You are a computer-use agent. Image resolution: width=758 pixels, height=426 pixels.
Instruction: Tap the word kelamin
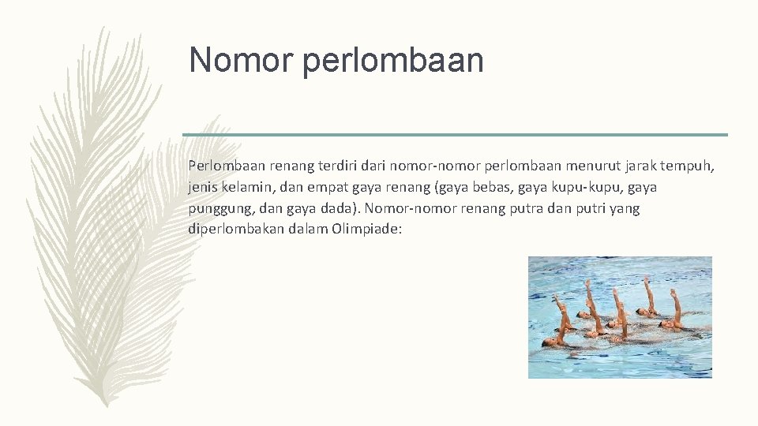coord(249,188)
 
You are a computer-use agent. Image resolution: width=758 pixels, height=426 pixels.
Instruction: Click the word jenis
coord(204,188)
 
